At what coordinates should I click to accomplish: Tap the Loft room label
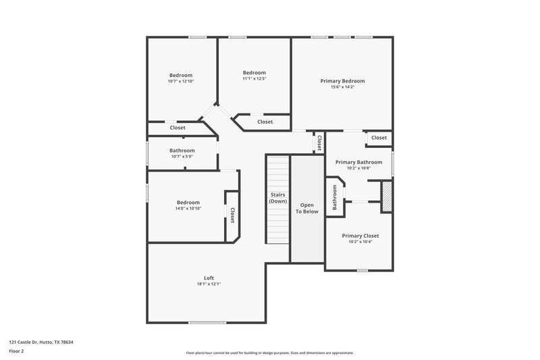tap(209, 278)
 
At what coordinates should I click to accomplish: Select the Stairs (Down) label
tap(277, 198)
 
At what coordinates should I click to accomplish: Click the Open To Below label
tap(307, 208)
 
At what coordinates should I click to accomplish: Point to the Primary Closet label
tap(360, 236)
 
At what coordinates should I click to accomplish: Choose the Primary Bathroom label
tap(358, 162)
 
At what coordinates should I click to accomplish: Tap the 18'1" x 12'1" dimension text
tap(209, 284)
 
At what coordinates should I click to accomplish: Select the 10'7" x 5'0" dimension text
tap(182, 157)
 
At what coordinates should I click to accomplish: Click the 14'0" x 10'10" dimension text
tap(188, 208)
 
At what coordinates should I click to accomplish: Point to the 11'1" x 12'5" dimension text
tap(254, 79)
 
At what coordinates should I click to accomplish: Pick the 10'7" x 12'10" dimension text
tap(181, 81)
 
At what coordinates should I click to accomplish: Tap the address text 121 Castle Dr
tap(41, 342)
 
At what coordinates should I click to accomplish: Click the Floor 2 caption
tap(17, 352)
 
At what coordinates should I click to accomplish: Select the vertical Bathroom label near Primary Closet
tap(334, 197)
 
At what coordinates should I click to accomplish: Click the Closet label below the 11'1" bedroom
tap(265, 122)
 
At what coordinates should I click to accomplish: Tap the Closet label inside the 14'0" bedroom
tap(232, 215)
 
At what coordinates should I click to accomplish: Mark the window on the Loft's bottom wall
tap(207, 322)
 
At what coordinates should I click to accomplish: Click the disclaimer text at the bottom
tap(270, 353)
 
